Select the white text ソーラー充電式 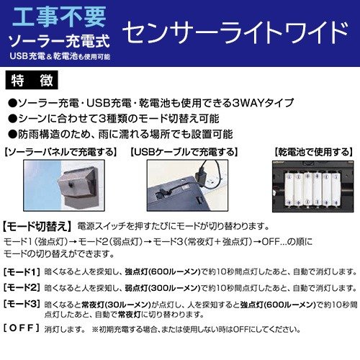pyautogui.click(x=58, y=38)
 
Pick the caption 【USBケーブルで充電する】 pyautogui.click(x=181, y=152)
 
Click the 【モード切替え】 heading pyautogui.click(x=37, y=225)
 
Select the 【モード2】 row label pyautogui.click(x=22, y=287)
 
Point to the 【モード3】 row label pyautogui.click(x=22, y=304)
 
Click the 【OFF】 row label pyautogui.click(x=22, y=328)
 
